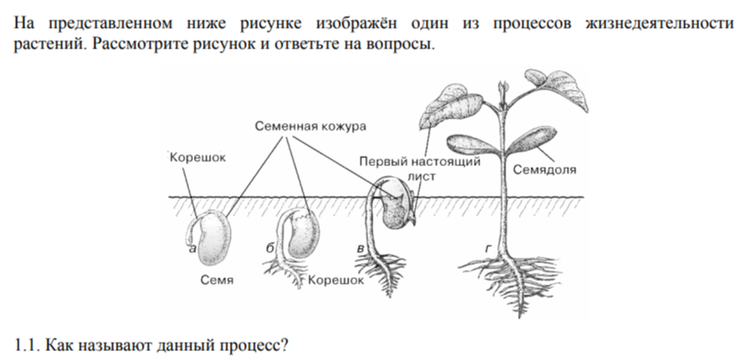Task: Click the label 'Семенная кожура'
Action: coord(311,127)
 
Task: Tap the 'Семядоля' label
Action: coord(544,170)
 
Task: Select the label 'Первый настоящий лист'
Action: coord(419,169)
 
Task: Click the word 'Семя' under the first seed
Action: coord(217,280)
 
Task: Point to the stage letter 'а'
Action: coord(192,249)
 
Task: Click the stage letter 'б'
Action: coord(270,248)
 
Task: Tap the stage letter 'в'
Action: coord(361,249)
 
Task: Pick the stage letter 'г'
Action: coord(488,249)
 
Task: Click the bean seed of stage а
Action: coord(211,239)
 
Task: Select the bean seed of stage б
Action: coord(303,235)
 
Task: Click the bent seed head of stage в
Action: coord(396,205)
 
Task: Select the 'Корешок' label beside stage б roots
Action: coord(336,280)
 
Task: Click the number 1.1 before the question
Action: coord(27,345)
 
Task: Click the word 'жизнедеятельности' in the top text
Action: coord(660,23)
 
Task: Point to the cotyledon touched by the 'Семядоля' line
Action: coord(533,140)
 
